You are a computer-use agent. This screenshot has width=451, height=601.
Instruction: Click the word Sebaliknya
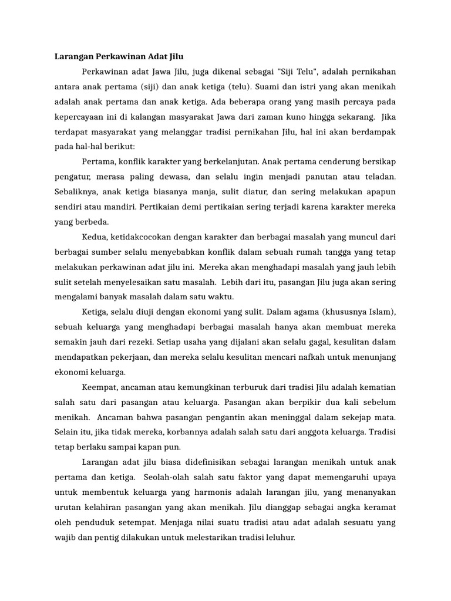tap(75, 191)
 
